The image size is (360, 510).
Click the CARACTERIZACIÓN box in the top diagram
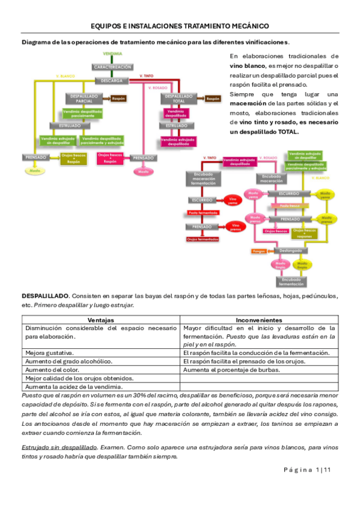point(112,67)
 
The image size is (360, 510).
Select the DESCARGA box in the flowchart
point(112,80)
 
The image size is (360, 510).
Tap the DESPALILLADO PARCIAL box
point(84,98)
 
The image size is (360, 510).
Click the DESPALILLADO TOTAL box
point(178,98)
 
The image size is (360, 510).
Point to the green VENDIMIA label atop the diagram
point(112,54)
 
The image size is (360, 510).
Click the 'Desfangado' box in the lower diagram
point(290,250)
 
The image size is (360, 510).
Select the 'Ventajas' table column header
point(101,320)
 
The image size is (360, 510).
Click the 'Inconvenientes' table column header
point(260,320)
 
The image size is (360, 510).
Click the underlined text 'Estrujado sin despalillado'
point(59,447)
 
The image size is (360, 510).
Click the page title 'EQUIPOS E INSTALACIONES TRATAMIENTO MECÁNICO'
point(180,26)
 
